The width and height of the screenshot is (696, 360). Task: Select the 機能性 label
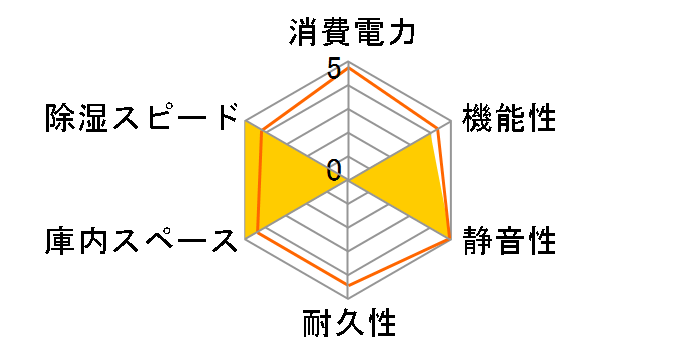[x=509, y=119]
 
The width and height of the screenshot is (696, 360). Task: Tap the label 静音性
[x=509, y=240]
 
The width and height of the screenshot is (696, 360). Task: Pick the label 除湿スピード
[x=143, y=119]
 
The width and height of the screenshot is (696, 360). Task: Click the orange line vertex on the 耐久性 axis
[x=349, y=286]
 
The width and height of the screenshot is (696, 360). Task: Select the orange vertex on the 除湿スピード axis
[x=262, y=130]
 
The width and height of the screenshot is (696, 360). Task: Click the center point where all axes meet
[x=349, y=181]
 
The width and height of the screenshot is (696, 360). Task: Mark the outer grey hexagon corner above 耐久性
[x=349, y=298]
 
